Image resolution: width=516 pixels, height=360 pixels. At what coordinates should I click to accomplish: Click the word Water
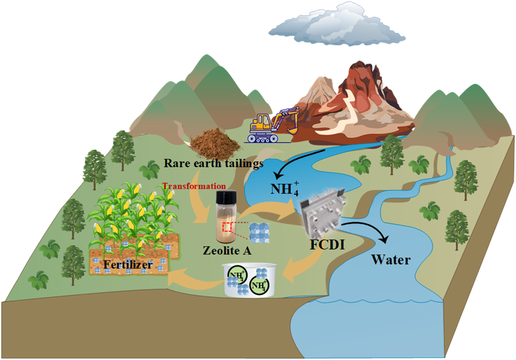tap(390, 259)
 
